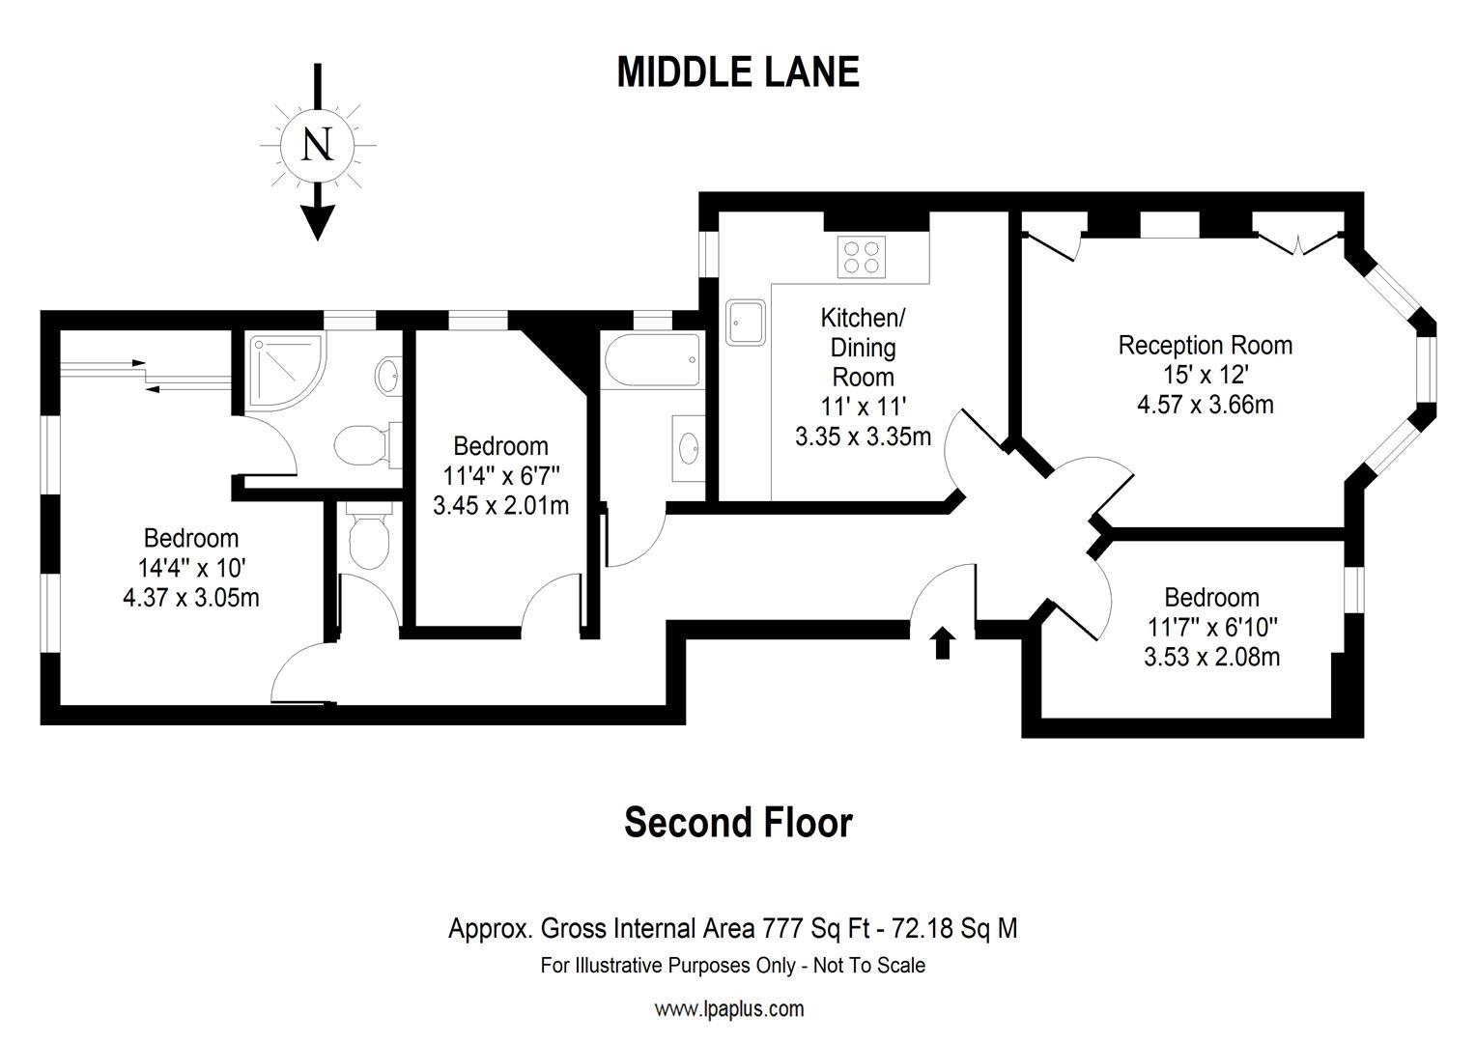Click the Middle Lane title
tap(738, 72)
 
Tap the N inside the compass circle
tap(318, 145)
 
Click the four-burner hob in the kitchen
tap(863, 257)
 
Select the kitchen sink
tap(746, 322)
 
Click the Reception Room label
tap(1205, 345)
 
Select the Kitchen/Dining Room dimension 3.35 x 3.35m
tap(863, 437)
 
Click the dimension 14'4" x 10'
tap(190, 568)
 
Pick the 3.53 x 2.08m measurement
tap(1211, 658)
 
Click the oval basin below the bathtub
tap(689, 447)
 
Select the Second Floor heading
tap(738, 823)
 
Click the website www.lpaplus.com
tap(729, 1009)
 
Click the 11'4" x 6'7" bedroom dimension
tap(500, 475)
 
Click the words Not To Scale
tap(869, 966)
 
